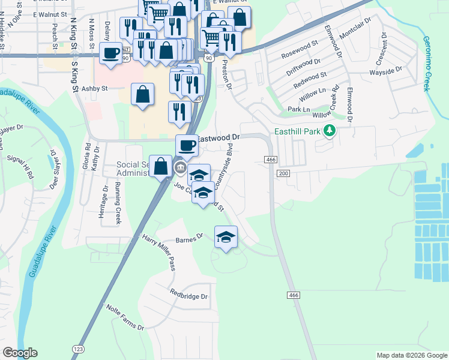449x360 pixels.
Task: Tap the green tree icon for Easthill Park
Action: point(329,130)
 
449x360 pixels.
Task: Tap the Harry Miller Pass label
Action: point(158,251)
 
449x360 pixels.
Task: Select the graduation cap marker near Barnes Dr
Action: point(226,238)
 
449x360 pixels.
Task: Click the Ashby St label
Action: point(94,88)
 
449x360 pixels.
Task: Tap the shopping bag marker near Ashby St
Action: point(143,94)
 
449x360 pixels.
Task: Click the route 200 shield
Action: point(283,173)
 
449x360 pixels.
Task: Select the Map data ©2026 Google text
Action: point(411,355)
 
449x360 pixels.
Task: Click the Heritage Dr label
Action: point(105,198)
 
